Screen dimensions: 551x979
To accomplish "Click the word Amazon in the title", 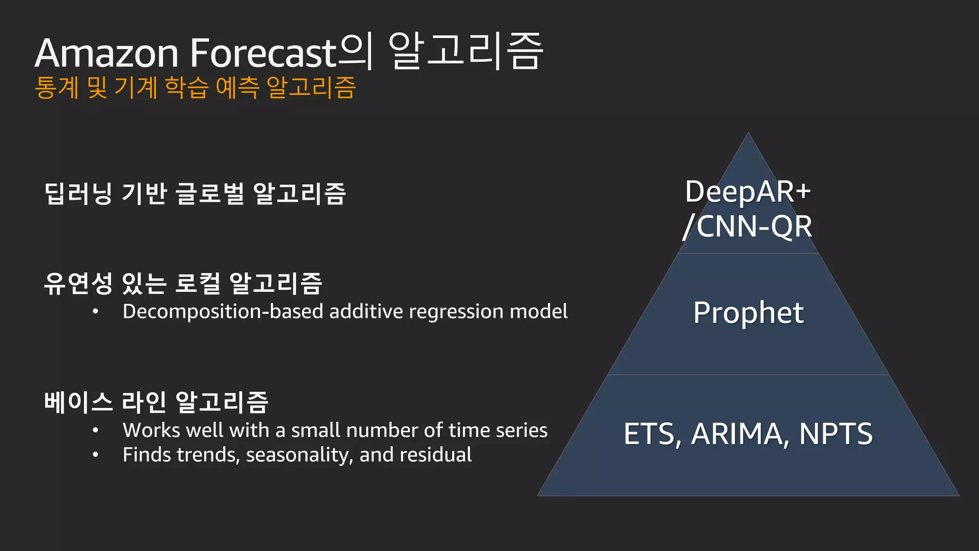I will point(106,53).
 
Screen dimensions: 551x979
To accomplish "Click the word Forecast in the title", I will point(264,53).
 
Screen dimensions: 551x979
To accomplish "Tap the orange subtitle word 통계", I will point(56,88).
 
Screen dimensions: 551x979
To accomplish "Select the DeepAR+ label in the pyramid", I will point(748,191).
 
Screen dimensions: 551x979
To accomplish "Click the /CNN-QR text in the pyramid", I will point(747,226).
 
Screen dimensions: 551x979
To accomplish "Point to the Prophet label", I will point(748,313).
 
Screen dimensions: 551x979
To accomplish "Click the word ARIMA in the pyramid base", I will point(737,434).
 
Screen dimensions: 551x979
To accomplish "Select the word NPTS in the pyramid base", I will point(836,434).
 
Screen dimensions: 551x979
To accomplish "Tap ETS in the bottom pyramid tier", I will point(649,434).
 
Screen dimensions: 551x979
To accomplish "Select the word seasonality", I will point(299,455).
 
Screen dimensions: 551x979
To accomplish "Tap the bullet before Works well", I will point(96,430).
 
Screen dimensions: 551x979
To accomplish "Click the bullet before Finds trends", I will point(96,455).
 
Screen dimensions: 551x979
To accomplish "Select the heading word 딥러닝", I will point(78,194).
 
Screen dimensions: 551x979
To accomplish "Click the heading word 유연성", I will point(78,283).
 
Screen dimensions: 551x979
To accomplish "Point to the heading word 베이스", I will point(78,402).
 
